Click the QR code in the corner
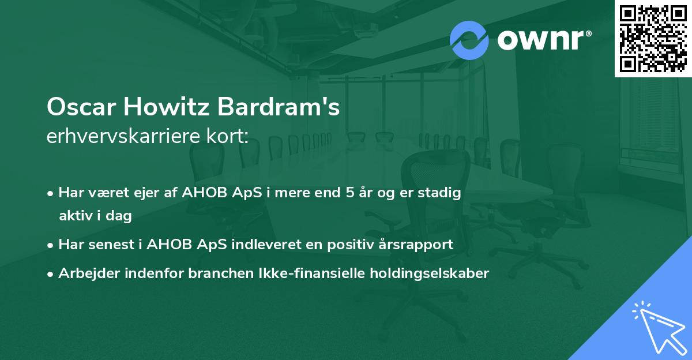(x=653, y=38)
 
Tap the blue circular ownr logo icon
(x=469, y=40)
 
